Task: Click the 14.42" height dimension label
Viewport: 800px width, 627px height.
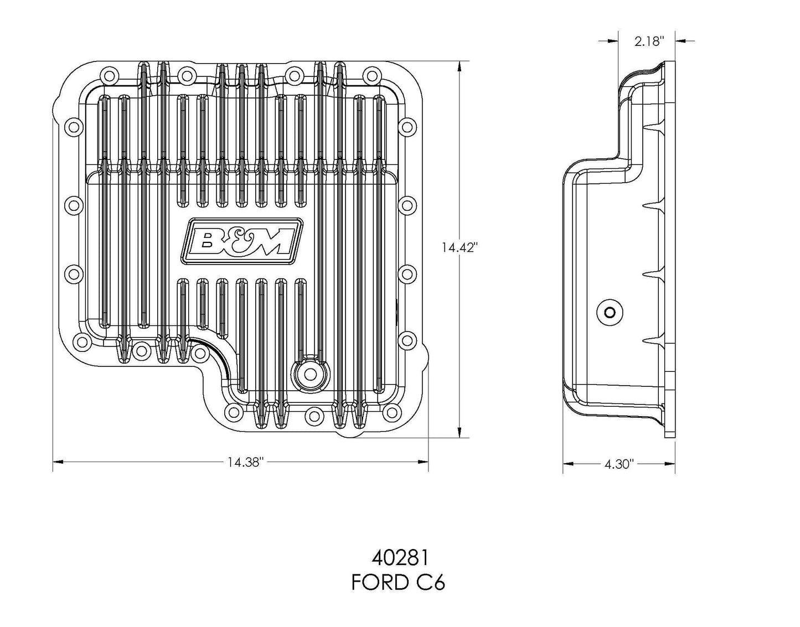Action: [459, 247]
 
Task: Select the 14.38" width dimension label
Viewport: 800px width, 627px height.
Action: [244, 462]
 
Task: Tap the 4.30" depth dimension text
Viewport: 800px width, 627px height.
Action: [618, 464]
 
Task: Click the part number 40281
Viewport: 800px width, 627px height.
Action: [398, 557]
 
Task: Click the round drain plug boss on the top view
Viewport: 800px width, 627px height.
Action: [308, 374]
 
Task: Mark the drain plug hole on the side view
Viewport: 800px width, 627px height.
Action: [610, 313]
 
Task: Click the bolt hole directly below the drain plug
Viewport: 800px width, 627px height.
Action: [314, 412]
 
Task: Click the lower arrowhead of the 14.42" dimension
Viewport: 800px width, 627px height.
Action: [459, 433]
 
